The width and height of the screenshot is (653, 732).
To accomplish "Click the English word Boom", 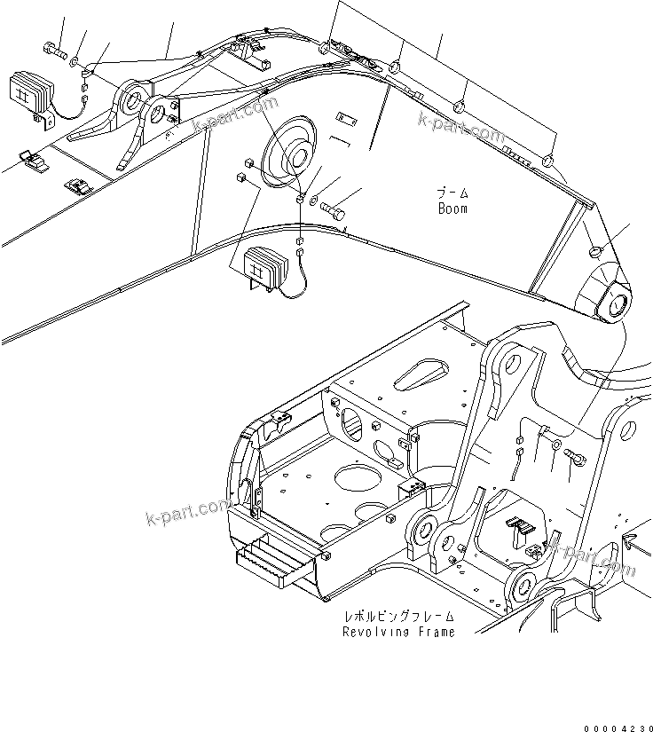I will [x=452, y=209].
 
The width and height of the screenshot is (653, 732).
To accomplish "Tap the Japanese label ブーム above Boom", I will [x=452, y=193].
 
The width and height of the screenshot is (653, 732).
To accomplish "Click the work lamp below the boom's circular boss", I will [x=264, y=265].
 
